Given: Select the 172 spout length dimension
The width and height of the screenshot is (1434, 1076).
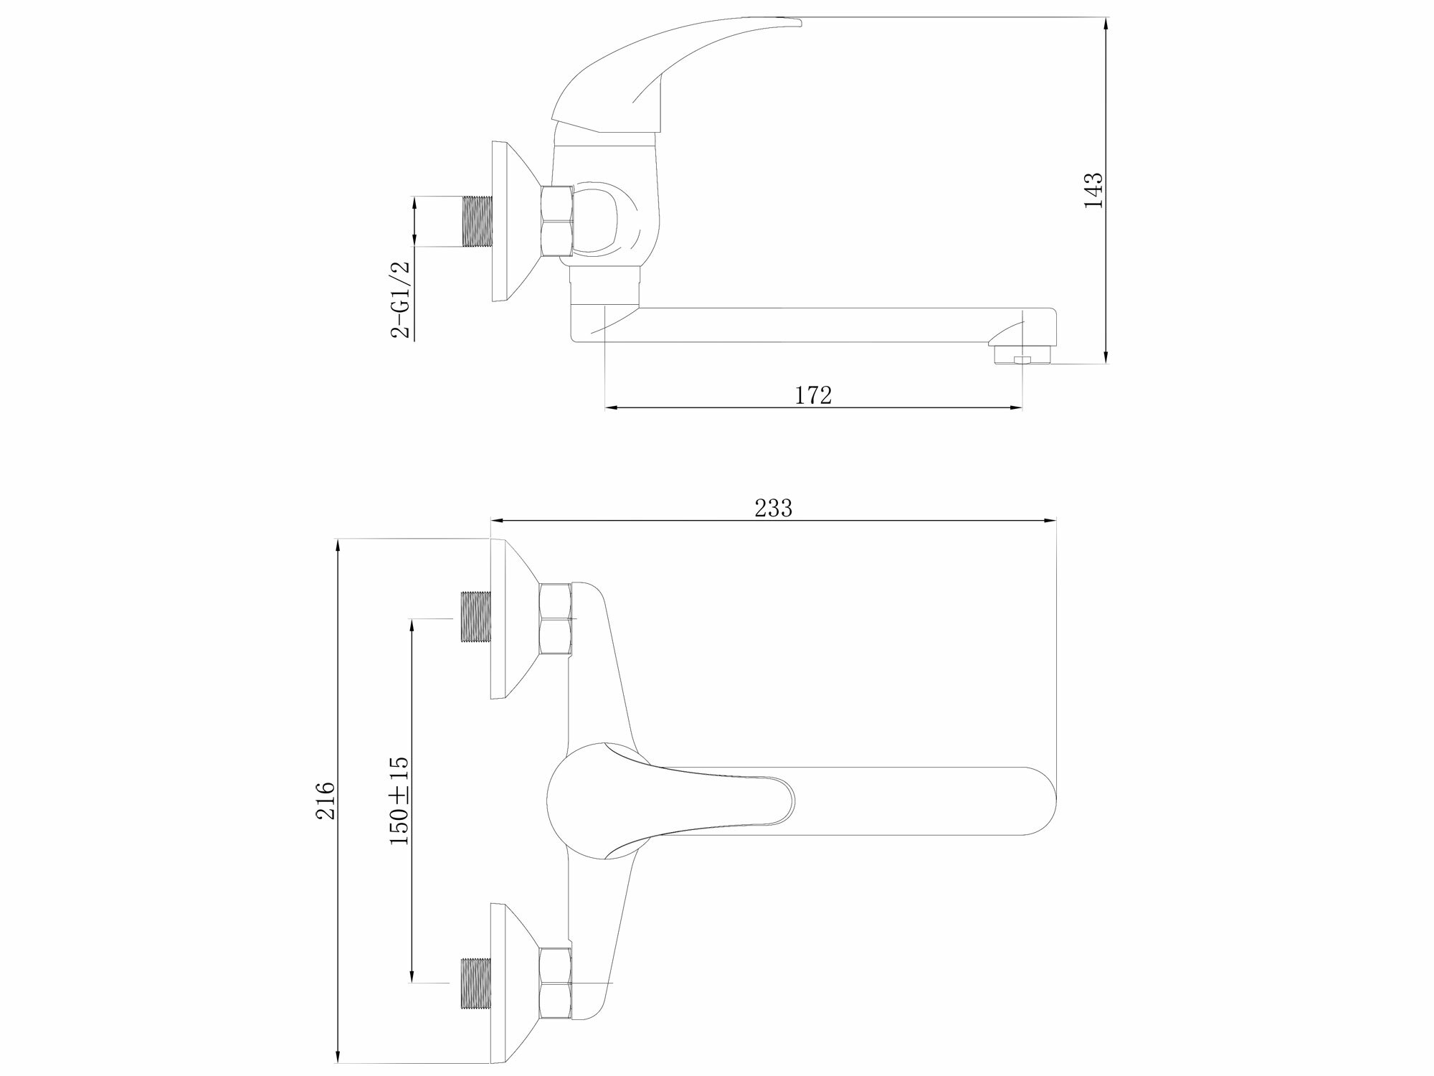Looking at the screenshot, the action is [x=813, y=395].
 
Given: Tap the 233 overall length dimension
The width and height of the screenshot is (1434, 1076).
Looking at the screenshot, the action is [x=774, y=508].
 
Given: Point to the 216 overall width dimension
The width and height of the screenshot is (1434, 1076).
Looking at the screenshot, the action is [x=326, y=801].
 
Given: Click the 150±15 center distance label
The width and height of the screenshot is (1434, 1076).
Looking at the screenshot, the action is [x=399, y=801].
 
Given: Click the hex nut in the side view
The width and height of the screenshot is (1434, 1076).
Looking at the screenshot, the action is [x=558, y=221].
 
